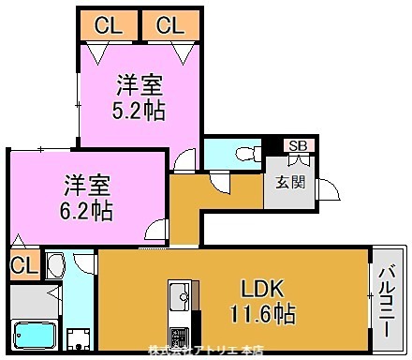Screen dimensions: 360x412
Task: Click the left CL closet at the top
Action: pos(107,25)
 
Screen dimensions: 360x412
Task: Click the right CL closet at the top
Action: pos(170,25)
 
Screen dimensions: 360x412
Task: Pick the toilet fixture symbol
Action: pos(246,153)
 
